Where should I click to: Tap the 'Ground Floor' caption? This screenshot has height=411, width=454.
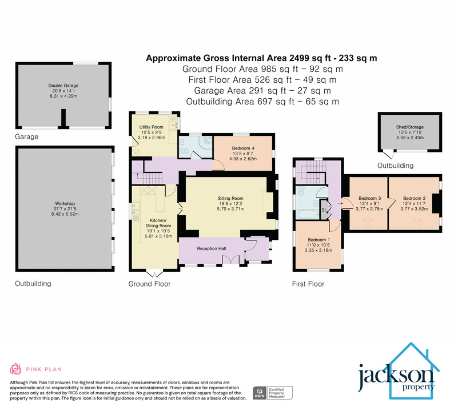click(149, 284)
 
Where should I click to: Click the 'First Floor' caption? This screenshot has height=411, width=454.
click(308, 284)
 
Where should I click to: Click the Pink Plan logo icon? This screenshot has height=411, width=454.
click(17, 369)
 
